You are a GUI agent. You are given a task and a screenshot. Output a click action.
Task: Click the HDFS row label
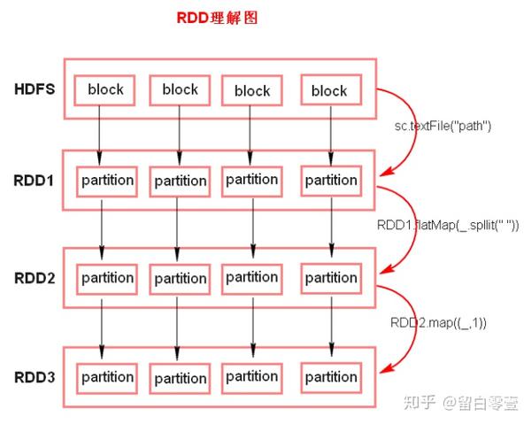(35, 89)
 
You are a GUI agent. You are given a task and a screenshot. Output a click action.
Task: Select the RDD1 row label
(35, 181)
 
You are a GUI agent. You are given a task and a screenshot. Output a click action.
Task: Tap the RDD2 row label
(35, 278)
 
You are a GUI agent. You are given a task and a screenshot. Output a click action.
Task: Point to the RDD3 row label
(35, 377)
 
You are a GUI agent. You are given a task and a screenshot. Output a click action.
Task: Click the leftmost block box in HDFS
(104, 89)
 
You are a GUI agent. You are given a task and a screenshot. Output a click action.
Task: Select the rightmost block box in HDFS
(329, 90)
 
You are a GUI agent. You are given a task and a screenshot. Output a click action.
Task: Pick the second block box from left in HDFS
(180, 89)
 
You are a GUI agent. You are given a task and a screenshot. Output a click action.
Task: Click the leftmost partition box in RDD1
(107, 181)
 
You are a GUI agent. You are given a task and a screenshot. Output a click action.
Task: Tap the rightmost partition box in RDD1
(330, 181)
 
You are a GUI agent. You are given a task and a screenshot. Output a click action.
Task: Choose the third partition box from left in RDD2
(252, 277)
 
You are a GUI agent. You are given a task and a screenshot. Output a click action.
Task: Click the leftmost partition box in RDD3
(107, 377)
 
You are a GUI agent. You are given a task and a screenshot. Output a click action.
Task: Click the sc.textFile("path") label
(442, 126)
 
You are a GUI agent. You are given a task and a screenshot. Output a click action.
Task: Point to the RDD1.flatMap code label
(450, 224)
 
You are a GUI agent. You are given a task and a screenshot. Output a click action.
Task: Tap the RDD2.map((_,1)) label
(437, 322)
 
